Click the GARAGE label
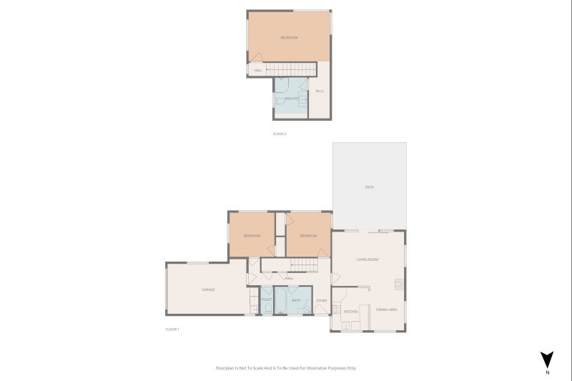point(208,290)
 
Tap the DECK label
point(370,187)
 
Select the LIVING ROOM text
point(367,259)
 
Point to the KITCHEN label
point(350,312)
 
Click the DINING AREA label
point(387,310)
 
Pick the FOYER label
point(322,300)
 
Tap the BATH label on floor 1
point(296,300)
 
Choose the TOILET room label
point(266,300)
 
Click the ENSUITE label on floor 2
point(291,98)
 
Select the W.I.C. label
point(320,91)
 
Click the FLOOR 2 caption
point(280,134)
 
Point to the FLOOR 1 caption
point(172,329)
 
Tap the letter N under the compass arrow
point(547,373)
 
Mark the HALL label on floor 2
point(257,70)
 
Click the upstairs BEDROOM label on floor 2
point(289,38)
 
